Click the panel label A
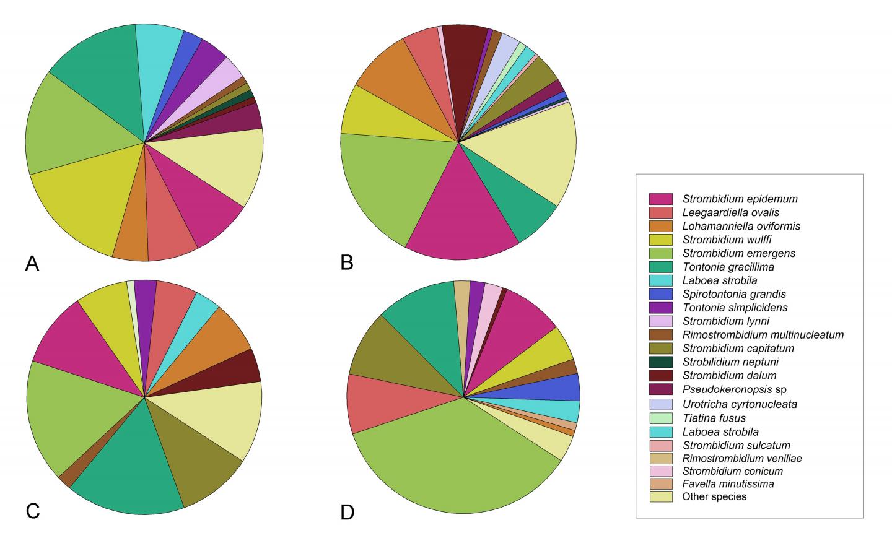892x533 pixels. [32, 264]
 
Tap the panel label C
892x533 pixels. [33, 511]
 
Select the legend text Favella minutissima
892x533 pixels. [728, 483]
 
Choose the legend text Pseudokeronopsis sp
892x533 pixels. [734, 389]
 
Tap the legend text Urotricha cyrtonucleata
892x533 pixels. [740, 404]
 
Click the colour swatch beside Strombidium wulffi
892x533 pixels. [661, 240]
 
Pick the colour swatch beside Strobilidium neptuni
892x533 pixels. [661, 362]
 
